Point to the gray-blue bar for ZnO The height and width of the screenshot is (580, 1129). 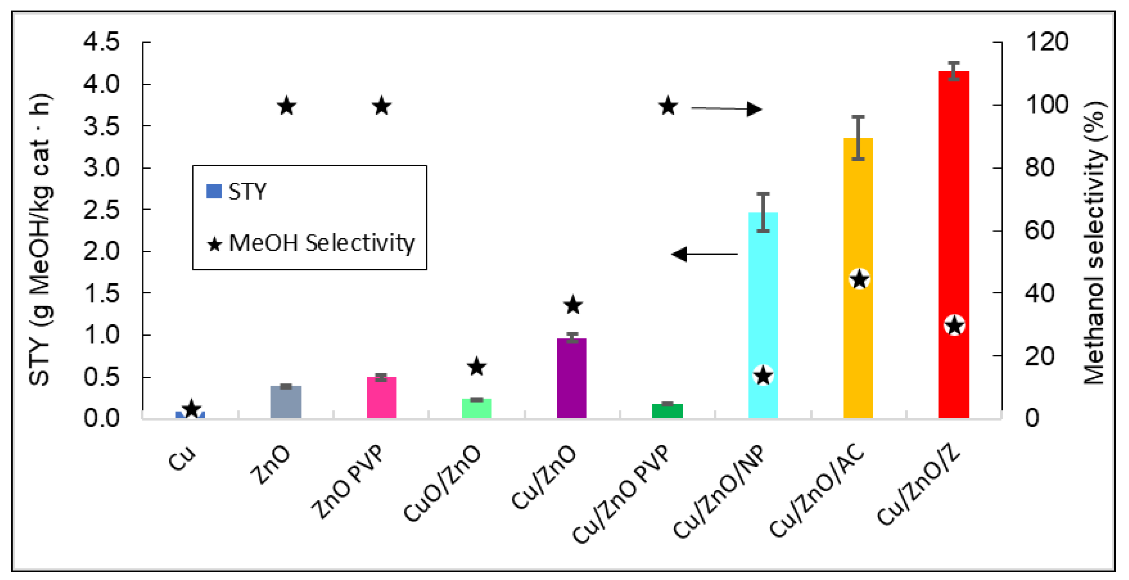click(x=286, y=402)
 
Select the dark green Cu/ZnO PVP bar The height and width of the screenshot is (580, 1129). click(x=667, y=411)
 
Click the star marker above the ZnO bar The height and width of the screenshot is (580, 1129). click(x=287, y=106)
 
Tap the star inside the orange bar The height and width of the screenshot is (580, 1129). click(x=859, y=279)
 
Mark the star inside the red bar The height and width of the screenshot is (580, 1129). click(x=955, y=326)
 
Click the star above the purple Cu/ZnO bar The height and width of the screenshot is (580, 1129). click(x=573, y=305)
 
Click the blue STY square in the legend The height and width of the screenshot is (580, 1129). click(x=214, y=192)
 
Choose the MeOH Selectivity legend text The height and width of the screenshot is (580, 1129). click(x=321, y=243)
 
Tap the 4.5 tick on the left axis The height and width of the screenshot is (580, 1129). click(x=101, y=42)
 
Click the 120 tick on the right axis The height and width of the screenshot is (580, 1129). click(x=1046, y=42)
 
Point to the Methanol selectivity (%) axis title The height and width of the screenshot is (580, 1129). click(x=1094, y=243)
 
